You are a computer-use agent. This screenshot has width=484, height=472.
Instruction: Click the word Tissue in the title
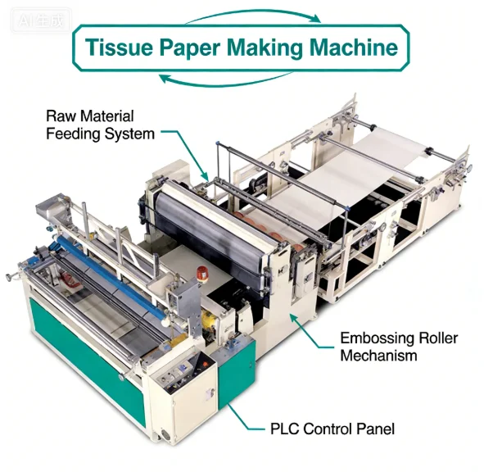point(119,48)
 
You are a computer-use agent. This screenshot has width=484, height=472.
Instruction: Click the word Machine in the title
point(354,48)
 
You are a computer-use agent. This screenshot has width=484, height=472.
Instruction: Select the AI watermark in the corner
point(41,21)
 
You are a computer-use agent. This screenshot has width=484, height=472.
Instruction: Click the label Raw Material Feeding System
point(100,125)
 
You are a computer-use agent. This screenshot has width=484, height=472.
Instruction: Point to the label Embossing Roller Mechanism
point(399,347)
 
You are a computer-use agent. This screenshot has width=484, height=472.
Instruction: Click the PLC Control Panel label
point(332,429)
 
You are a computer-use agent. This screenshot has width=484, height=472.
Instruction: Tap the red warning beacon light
point(202,272)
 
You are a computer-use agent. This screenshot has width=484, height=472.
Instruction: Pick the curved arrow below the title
point(224,81)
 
